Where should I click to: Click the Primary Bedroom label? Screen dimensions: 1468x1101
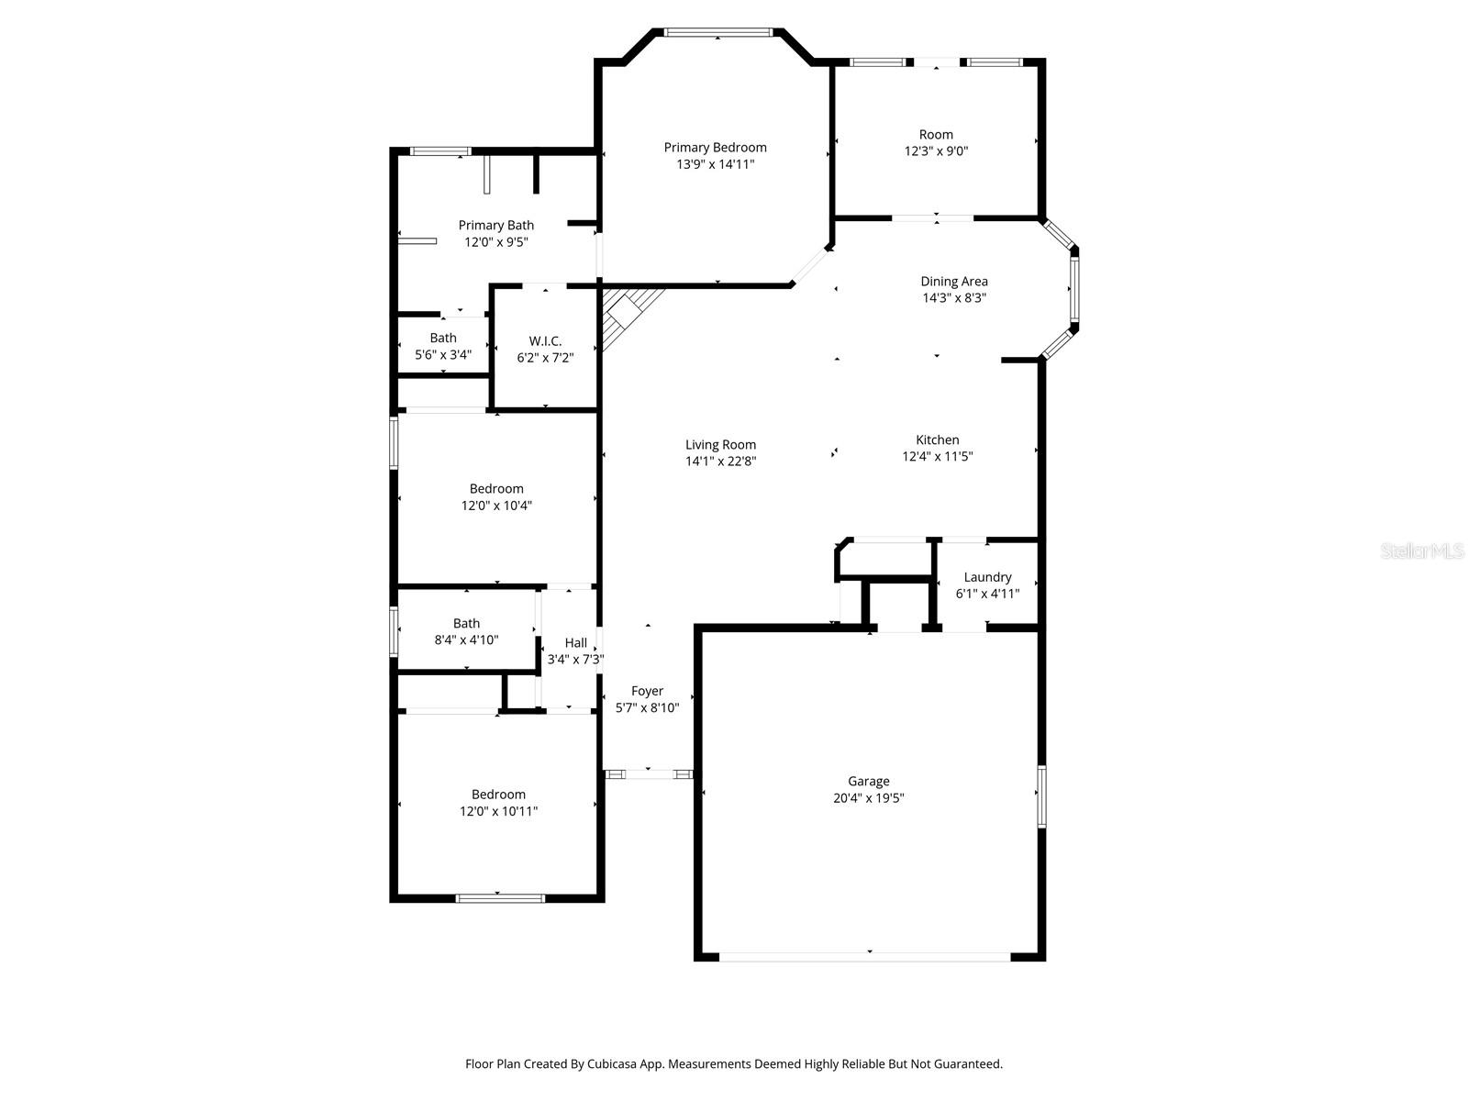click(x=714, y=148)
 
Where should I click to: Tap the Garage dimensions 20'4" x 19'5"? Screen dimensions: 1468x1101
click(x=868, y=797)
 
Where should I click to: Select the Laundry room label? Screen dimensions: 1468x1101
click(x=987, y=577)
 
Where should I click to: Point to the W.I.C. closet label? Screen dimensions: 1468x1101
click(x=545, y=341)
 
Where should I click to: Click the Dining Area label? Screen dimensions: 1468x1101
click(x=953, y=282)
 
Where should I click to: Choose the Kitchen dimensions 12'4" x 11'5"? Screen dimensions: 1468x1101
click(x=937, y=457)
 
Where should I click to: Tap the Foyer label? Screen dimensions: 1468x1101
click(x=647, y=691)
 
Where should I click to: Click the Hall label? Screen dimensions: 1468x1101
click(x=575, y=643)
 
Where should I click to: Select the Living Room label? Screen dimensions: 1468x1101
click(x=720, y=445)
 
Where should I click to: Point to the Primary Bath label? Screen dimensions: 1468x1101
click(x=495, y=226)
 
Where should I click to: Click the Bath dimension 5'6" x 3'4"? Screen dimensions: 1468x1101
click(x=443, y=355)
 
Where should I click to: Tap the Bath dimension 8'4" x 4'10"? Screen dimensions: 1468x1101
click(x=466, y=640)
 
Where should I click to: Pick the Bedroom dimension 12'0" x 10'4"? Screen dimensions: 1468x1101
click(x=496, y=506)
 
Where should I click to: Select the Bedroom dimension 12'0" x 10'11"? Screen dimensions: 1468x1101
click(x=498, y=812)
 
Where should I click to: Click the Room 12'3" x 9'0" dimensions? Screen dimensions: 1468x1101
click(x=936, y=151)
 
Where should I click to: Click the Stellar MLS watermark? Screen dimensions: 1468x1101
click(x=1422, y=550)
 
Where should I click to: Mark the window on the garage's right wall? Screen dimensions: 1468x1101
click(x=1041, y=796)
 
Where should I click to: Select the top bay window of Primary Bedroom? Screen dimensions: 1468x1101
click(x=717, y=32)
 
